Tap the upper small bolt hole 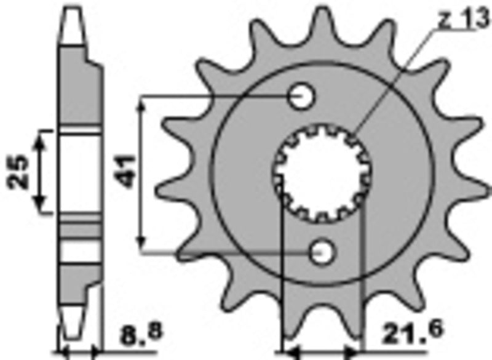[302, 97]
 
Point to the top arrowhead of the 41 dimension [143, 106]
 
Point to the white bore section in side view [80, 172]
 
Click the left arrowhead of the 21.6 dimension [287, 354]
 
